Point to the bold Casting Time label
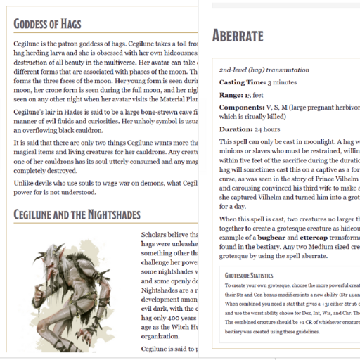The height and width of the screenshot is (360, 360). (x=241, y=82)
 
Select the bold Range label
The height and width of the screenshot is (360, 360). (x=231, y=94)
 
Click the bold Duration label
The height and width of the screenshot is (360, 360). (x=236, y=129)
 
